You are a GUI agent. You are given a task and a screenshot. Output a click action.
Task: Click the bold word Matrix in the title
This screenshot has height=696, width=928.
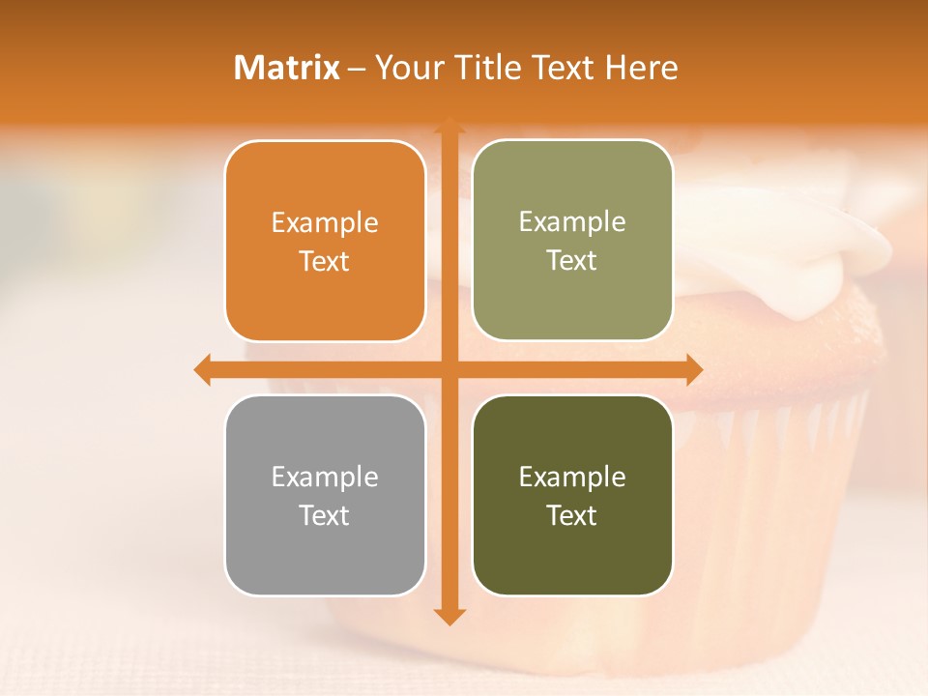tap(286, 68)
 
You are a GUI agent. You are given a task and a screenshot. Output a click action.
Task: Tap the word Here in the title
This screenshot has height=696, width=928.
tap(642, 68)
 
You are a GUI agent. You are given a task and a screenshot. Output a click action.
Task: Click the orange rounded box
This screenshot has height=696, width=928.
tap(325, 242)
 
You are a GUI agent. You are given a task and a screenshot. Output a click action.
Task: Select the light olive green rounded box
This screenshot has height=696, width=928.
tap(572, 241)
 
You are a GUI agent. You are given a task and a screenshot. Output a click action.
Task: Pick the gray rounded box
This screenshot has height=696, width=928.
tap(325, 495)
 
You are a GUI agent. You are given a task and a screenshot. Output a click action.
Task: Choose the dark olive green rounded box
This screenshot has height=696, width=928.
tap(572, 495)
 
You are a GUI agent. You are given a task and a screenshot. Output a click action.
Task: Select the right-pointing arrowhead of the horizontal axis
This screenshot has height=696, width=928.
tap(694, 369)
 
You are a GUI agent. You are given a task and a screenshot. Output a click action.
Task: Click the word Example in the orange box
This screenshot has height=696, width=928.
tap(325, 222)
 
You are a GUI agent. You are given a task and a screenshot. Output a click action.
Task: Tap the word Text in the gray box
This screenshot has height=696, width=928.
tap(325, 515)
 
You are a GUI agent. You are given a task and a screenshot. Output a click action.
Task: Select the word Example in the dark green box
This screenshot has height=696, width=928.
tap(572, 477)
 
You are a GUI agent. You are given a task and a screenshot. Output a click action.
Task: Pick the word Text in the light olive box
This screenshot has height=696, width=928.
tap(572, 261)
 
